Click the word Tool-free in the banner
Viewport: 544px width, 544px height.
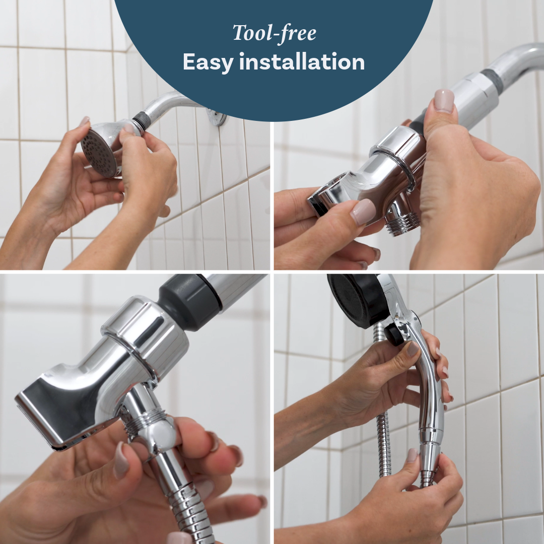click(x=275, y=33)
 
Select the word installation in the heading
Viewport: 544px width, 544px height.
click(x=302, y=61)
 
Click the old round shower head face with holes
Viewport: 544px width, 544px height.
click(x=98, y=152)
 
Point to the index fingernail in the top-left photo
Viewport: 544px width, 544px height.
click(x=84, y=121)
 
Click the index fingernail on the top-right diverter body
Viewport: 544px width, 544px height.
click(x=363, y=212)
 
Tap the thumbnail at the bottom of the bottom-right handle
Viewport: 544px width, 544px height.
click(x=413, y=455)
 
